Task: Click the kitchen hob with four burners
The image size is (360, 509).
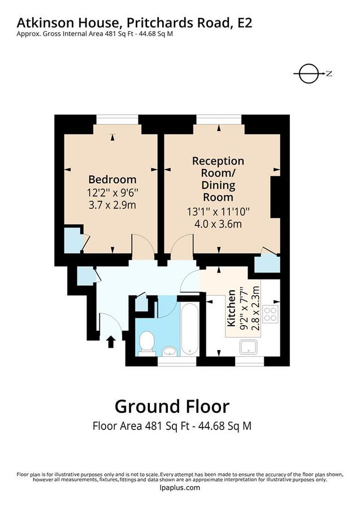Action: click(270, 314)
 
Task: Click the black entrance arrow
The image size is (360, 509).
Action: click(111, 340)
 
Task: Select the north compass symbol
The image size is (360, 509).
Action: click(310, 74)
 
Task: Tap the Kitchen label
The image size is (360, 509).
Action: click(232, 309)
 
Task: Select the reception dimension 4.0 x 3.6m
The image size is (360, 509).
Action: click(218, 224)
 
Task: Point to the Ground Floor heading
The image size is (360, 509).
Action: click(172, 406)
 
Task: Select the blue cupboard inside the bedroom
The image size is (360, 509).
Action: click(72, 240)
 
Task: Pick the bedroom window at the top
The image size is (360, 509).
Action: click(118, 119)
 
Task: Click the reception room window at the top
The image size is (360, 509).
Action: click(219, 119)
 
